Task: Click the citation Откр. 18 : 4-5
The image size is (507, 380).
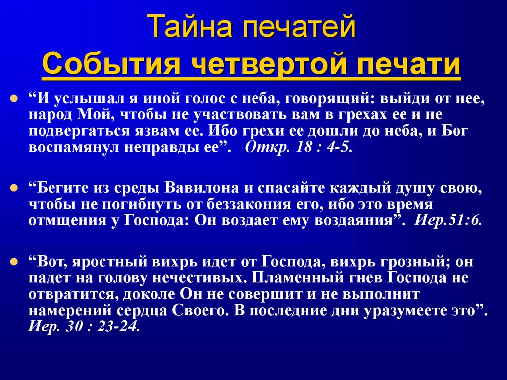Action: [x=299, y=148]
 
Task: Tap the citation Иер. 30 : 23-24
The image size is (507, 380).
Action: [x=84, y=327]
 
